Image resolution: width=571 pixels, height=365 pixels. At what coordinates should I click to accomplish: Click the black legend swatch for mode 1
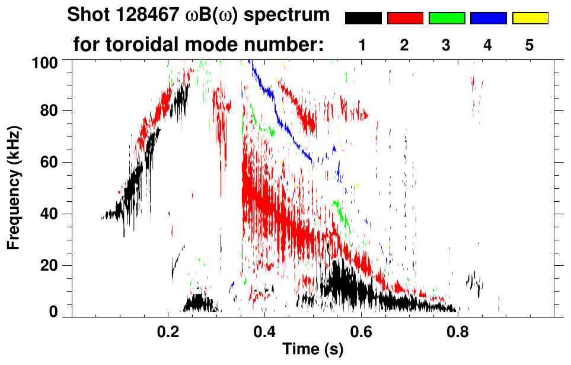363,18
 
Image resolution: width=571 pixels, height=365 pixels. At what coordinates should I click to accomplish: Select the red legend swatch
404,18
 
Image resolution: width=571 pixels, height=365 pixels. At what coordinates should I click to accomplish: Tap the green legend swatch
446,18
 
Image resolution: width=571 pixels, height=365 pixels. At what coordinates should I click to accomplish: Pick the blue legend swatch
488,18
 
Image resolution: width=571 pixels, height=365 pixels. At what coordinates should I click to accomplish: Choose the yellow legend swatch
529,18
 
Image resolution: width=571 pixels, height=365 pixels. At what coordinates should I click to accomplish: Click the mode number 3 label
446,45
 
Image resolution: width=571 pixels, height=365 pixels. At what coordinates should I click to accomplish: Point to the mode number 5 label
529,45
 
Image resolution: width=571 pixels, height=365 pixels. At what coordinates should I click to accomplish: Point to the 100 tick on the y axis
50,62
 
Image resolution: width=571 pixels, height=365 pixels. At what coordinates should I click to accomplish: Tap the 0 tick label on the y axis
58,312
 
